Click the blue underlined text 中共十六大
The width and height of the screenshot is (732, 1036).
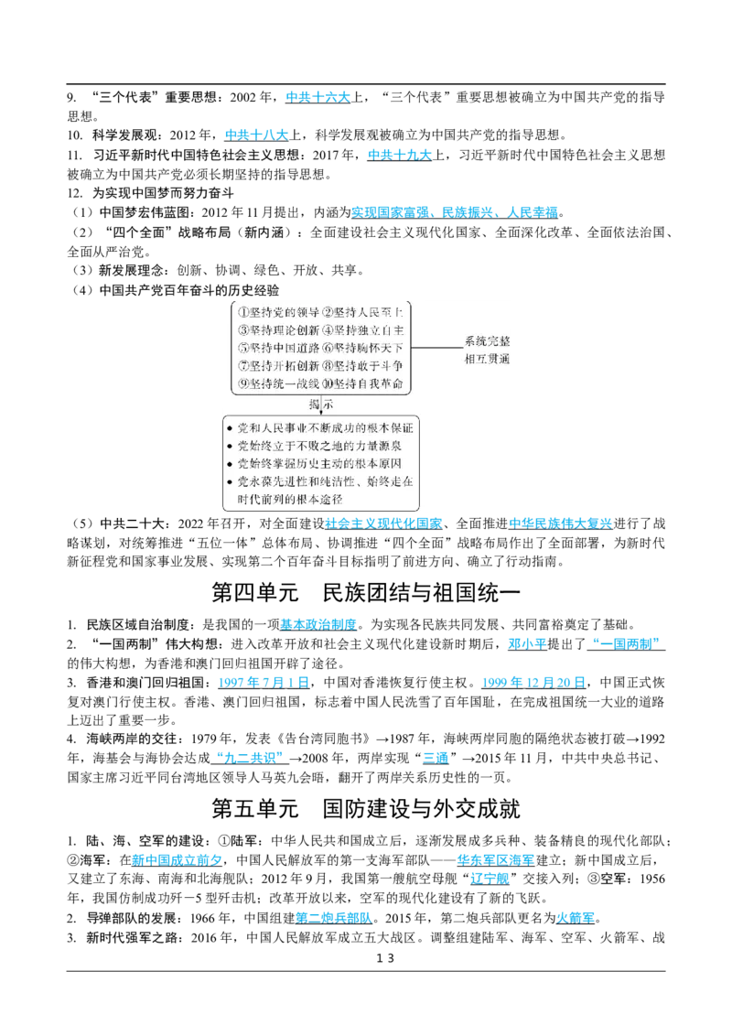point(318,97)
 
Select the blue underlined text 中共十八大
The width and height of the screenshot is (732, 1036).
point(257,135)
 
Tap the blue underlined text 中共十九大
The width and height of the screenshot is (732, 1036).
point(400,155)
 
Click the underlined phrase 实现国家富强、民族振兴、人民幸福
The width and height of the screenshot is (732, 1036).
point(455,212)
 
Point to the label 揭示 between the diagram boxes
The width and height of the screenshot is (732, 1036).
point(321,405)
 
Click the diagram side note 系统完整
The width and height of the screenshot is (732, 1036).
point(487,341)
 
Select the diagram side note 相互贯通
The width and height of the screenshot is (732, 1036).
point(487,359)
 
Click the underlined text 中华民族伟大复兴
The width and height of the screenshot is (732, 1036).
point(561,523)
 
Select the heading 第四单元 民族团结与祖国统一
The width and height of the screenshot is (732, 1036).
point(366,592)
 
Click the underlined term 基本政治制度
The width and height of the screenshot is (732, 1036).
point(318,624)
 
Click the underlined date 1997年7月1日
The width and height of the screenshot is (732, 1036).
point(264,683)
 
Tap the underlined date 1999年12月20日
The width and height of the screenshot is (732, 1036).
point(533,683)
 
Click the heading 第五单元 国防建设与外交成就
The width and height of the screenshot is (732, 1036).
point(366,809)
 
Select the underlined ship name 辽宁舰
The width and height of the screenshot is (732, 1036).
point(490,879)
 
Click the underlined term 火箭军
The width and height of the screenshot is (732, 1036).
point(575,918)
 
